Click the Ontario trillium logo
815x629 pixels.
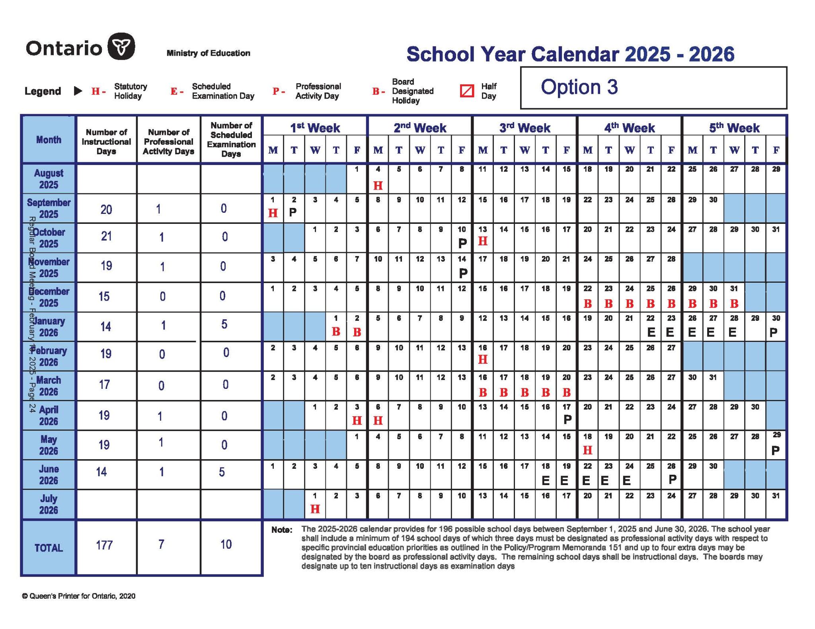coord(121,47)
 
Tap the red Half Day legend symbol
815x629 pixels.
coord(467,91)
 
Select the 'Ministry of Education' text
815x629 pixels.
coord(208,53)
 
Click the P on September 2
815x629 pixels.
coord(293,212)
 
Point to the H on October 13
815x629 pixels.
coord(482,241)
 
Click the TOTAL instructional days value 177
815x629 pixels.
coord(104,545)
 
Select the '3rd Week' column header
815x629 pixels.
coord(524,128)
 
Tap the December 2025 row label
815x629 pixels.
coord(49,297)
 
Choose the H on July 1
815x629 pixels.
coord(315,509)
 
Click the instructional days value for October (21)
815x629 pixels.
coord(106,237)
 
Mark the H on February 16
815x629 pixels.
coord(482,360)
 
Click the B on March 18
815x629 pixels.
coord(524,393)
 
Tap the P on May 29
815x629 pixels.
coord(776,450)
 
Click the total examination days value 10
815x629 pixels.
coord(226,544)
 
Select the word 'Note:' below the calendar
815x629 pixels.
coord(282,530)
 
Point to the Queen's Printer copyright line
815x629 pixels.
coord(79,596)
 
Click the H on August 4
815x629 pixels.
coord(378,185)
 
